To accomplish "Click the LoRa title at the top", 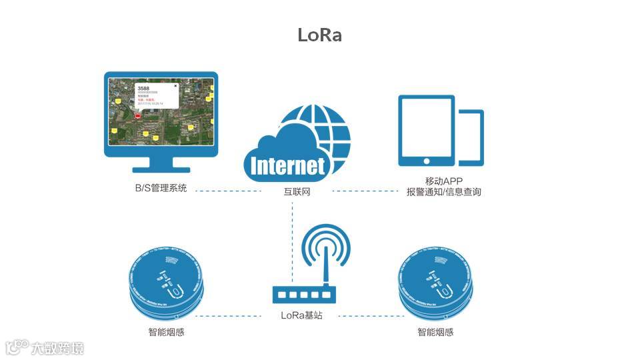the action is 319,35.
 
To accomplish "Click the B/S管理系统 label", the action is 161,189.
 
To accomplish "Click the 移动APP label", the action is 443,181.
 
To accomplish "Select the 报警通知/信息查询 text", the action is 443,192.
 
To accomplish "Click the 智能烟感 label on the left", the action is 166,331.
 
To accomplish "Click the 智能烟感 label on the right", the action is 436,331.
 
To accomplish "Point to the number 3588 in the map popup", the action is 143,88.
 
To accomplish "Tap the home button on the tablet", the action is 426,160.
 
